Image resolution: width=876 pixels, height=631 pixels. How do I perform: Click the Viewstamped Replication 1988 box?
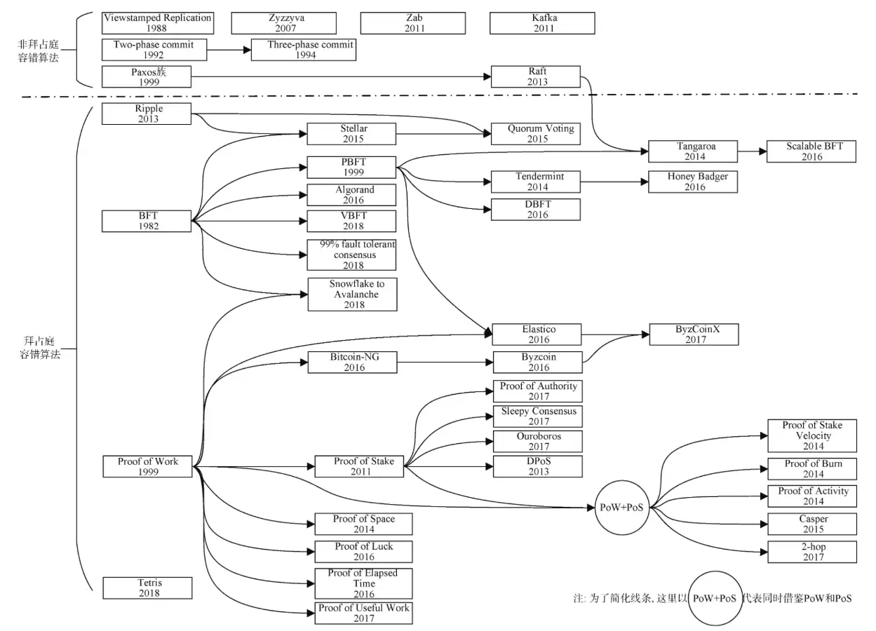coord(157,22)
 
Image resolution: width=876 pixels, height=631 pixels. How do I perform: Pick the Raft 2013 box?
coord(537,76)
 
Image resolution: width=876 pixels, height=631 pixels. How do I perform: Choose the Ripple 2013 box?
coord(147,114)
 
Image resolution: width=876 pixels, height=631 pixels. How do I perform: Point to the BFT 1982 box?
coord(147,221)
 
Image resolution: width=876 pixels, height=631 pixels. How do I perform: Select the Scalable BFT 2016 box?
coord(811,151)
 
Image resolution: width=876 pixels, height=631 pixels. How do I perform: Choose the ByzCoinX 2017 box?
coord(694,334)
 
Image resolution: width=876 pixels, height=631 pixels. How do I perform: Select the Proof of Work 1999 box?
coord(147,466)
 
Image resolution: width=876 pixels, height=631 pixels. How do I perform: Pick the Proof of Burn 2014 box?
coord(812,468)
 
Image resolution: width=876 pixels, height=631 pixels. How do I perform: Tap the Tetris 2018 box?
coord(147,588)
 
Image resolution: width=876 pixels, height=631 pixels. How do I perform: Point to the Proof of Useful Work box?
coord(363,613)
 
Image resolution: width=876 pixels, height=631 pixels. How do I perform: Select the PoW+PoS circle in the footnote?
coord(714,599)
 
